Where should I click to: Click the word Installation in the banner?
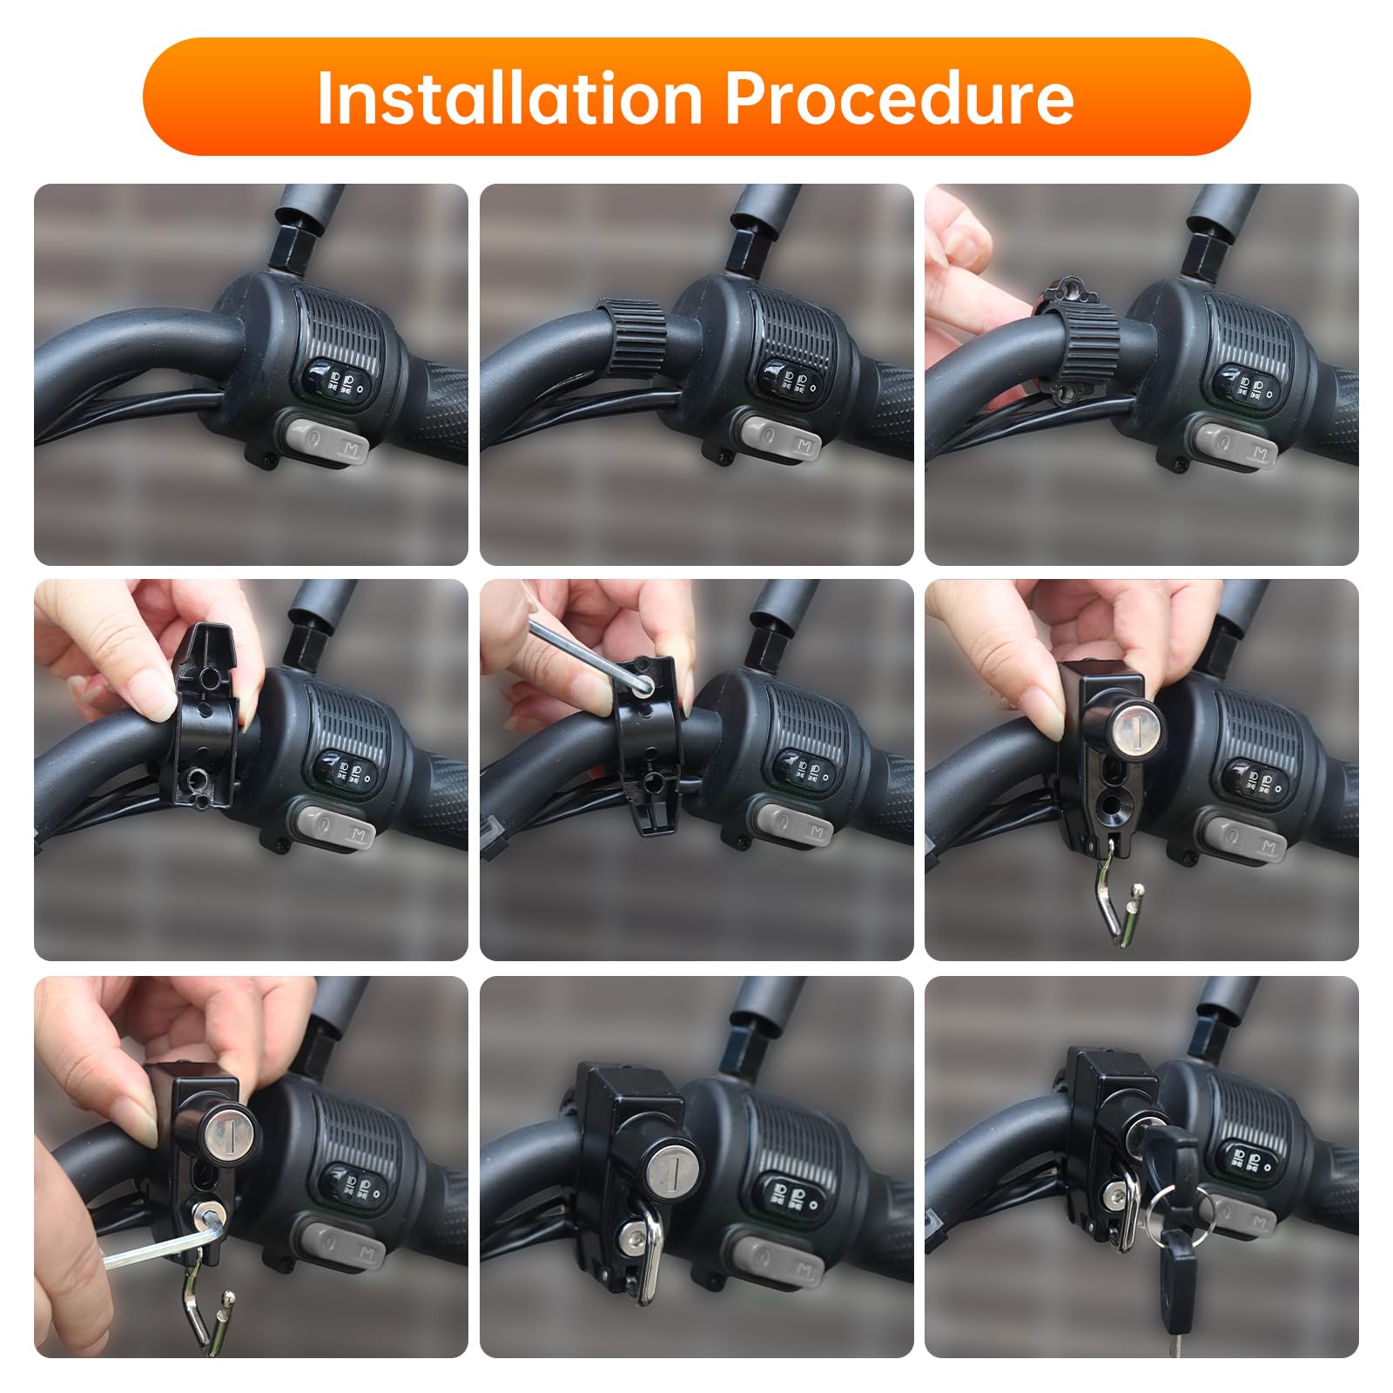[508, 98]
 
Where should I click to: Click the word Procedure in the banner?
[898, 98]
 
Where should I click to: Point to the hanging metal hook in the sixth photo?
[1113, 905]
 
